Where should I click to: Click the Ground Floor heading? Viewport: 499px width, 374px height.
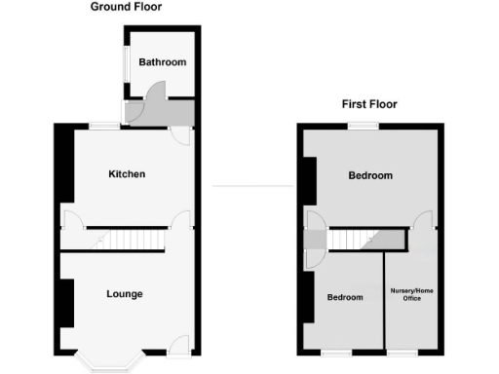pyautogui.click(x=127, y=7)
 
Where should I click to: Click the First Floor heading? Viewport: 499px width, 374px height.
pyautogui.click(x=369, y=104)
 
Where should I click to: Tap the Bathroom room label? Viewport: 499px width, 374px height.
pyautogui.click(x=162, y=62)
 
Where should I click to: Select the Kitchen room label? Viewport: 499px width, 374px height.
pyautogui.click(x=127, y=174)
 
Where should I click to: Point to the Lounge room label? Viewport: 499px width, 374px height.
pyautogui.click(x=125, y=294)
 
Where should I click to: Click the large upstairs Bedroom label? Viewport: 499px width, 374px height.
pyautogui.click(x=370, y=176)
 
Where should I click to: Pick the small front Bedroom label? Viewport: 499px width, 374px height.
pyautogui.click(x=344, y=298)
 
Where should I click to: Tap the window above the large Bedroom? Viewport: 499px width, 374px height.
pyautogui.click(x=365, y=125)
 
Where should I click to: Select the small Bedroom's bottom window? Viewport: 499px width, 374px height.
pyautogui.click(x=338, y=351)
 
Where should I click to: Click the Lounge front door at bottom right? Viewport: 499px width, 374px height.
pyautogui.click(x=177, y=345)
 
